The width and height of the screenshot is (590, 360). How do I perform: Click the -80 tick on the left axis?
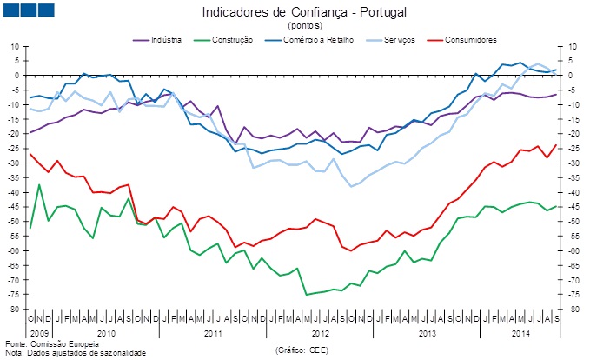pyautogui.click(x=15, y=310)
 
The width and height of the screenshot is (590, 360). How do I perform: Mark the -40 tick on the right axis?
pyautogui.click(x=574, y=192)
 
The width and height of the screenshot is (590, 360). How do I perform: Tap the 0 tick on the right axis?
pyautogui.click(x=570, y=76)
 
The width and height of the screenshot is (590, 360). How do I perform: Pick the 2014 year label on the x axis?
pyautogui.click(x=520, y=333)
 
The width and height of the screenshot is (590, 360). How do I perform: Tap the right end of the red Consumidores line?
pyautogui.click(x=556, y=145)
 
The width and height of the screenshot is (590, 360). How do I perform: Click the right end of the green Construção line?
pyautogui.click(x=556, y=206)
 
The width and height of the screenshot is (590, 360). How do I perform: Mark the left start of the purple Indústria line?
pyautogui.click(x=30, y=132)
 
